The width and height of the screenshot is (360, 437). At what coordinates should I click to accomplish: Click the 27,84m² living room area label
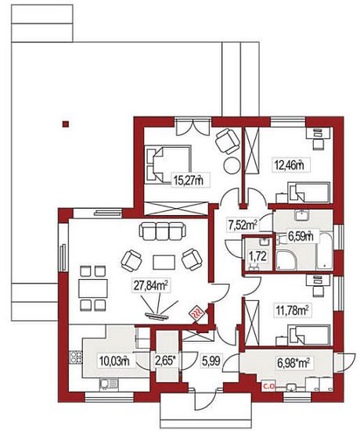[x=151, y=286]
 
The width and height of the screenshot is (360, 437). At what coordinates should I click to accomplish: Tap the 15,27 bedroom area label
[x=188, y=181]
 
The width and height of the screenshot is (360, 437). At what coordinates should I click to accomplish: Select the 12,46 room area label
[x=288, y=165]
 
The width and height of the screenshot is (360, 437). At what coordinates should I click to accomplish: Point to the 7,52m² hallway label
[x=243, y=225]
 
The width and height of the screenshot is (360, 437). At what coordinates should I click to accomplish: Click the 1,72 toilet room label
[x=257, y=256]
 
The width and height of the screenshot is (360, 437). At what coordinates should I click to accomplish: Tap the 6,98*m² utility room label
[x=293, y=363]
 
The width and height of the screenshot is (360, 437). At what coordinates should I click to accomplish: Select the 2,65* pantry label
[x=166, y=361]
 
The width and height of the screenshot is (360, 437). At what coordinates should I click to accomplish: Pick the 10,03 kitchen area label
[x=114, y=361]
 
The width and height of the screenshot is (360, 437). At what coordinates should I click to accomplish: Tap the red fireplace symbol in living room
[x=197, y=314]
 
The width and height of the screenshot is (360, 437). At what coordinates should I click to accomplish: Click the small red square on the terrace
[x=66, y=124]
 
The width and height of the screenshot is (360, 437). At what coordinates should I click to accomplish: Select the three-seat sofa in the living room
[x=163, y=231]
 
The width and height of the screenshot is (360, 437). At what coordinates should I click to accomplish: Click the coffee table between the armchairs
[x=164, y=262]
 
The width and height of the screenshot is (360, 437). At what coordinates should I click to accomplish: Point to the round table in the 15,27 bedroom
[x=232, y=166]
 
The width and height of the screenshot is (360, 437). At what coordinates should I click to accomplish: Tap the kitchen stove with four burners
[x=76, y=357]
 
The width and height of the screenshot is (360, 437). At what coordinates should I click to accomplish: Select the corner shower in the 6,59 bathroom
[x=286, y=260]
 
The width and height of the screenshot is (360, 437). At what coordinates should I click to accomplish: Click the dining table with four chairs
[x=93, y=288]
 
